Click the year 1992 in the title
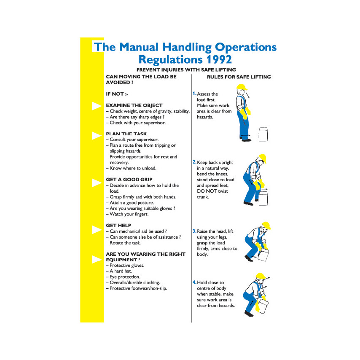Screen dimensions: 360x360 pyautogui.click(x=219, y=59)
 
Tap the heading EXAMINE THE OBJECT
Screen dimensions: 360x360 pyautogui.click(x=134, y=105)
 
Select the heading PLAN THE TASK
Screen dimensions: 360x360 pyautogui.click(x=126, y=134)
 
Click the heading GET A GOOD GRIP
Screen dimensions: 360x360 pyautogui.click(x=129, y=180)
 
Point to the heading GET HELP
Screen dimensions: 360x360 pyautogui.click(x=118, y=226)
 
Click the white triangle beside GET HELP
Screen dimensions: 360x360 pyautogui.click(x=97, y=230)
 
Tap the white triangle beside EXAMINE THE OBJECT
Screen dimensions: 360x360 pyautogui.click(x=97, y=106)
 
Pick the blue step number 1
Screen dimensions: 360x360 pyautogui.click(x=194, y=94)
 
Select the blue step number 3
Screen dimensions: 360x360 pyautogui.click(x=194, y=231)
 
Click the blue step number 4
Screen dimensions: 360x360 pyautogui.click(x=194, y=282)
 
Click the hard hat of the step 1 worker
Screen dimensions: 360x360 pyautogui.click(x=242, y=87)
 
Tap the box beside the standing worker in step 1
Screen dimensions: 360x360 pyautogui.click(x=263, y=134)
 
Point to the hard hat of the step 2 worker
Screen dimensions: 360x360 pyautogui.click(x=262, y=159)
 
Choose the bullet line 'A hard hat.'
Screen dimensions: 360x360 pyautogui.click(x=119, y=271)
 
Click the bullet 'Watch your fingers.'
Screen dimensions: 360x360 pyautogui.click(x=127, y=214)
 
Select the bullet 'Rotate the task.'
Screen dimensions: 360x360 pyautogui.click(x=123, y=243)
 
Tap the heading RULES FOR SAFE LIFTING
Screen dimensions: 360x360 pyautogui.click(x=239, y=77)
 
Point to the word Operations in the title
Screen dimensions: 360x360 pyautogui.click(x=246, y=48)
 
